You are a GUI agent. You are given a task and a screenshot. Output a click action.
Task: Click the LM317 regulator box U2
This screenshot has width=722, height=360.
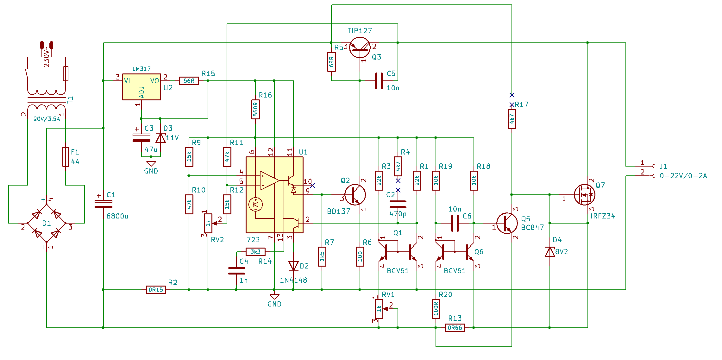coord(141,87)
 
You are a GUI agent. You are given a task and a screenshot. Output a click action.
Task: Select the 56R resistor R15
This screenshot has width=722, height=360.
coord(189,81)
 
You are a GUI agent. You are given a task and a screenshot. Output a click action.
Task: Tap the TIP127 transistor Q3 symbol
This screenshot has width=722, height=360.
coord(360,47)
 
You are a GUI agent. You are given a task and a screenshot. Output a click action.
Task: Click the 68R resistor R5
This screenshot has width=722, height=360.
coord(331,62)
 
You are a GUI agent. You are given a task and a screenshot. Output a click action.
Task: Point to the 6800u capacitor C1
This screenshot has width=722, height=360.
coord(104,204)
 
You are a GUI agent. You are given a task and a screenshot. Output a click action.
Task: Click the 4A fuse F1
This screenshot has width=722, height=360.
coord(66,157)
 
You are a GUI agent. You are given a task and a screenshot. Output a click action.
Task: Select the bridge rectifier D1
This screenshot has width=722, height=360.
coord(47,223)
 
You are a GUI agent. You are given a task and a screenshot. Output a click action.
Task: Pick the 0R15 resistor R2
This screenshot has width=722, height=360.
coord(156,290)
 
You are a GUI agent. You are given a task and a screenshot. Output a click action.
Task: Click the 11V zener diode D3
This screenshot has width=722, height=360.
coord(160,138)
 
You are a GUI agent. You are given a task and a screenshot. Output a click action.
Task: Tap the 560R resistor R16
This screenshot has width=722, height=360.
coord(255,109)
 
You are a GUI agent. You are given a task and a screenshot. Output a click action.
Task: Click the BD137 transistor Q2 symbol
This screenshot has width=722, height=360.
coord(355,195)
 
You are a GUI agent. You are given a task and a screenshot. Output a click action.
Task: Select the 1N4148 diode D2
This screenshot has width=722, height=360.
coord(293,266)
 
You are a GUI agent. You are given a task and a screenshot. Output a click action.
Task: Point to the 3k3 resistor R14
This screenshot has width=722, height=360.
coord(255,252)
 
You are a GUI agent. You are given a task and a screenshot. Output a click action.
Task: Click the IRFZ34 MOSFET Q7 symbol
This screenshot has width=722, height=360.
coord(584,195)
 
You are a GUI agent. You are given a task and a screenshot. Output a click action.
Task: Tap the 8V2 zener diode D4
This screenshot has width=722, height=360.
coord(550,252)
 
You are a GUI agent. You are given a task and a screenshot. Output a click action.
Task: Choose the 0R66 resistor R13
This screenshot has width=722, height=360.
coord(455,328)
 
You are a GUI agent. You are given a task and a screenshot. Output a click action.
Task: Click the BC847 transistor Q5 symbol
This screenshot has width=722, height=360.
coord(507,223)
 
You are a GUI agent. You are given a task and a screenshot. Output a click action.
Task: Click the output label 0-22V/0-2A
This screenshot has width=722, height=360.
coord(683,176)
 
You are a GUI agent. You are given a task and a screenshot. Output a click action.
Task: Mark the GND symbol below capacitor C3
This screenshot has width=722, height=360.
coord(151,164)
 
